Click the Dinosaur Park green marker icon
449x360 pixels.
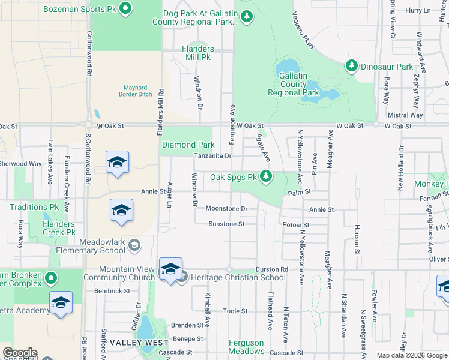352,66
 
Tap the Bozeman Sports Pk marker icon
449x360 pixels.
125,8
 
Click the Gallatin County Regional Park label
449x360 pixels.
294,84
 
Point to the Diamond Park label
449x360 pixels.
188,145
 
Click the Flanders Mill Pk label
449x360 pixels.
198,53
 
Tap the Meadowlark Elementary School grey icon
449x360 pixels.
136,245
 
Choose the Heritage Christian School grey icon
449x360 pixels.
184,277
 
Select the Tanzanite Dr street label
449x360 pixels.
212,156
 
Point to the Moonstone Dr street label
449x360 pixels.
226,208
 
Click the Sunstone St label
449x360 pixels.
226,224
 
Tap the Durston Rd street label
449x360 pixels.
271,269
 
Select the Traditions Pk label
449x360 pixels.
29,207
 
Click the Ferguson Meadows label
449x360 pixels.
246,347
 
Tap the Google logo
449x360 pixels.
20,353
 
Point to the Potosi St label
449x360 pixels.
295,224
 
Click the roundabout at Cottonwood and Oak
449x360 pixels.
89,125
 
